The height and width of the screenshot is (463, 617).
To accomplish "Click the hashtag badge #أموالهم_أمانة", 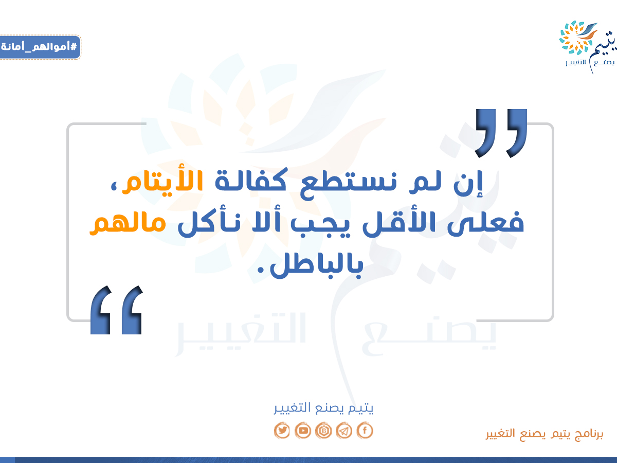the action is (40, 47).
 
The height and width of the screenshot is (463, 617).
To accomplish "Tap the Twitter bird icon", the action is (282, 431).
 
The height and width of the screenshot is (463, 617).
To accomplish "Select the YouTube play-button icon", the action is (303, 431).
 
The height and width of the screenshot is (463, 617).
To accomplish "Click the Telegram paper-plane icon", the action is (344, 431).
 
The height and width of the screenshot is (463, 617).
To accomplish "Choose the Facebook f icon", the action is (365, 431).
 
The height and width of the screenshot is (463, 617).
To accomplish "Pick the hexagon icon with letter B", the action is (323, 431).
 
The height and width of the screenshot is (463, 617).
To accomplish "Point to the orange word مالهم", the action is (128, 223).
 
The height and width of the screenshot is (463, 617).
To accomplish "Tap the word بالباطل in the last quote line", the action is (316, 265).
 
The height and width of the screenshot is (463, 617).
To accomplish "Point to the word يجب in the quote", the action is (320, 225).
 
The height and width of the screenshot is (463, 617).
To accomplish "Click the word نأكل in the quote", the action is (209, 223).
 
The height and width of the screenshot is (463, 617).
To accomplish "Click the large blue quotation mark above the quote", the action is (501, 133).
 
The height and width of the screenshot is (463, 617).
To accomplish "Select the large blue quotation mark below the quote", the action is (117, 310).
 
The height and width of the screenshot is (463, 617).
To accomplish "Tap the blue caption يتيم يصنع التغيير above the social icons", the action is (323, 408).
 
